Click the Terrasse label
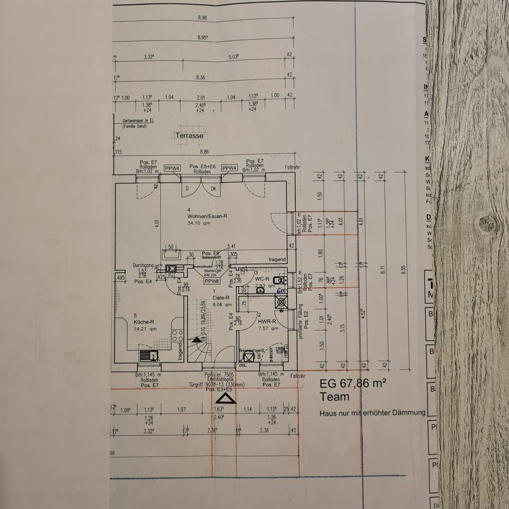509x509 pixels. (x=189, y=136)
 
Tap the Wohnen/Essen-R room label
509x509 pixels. (x=207, y=216)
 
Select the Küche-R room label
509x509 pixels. (x=144, y=321)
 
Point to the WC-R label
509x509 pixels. (x=262, y=279)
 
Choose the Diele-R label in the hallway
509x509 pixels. (x=218, y=298)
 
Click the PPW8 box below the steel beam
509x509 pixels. (x=212, y=282)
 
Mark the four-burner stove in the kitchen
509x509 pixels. (x=178, y=336)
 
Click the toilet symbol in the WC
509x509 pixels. (x=281, y=280)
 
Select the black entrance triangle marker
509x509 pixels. (x=226, y=398)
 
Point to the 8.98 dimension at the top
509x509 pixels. (x=202, y=17)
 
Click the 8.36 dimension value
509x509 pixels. (x=200, y=77)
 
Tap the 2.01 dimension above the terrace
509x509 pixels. (x=201, y=98)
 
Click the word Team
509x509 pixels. (x=335, y=397)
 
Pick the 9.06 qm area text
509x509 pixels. (x=222, y=305)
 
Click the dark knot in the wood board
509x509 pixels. (x=486, y=223)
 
